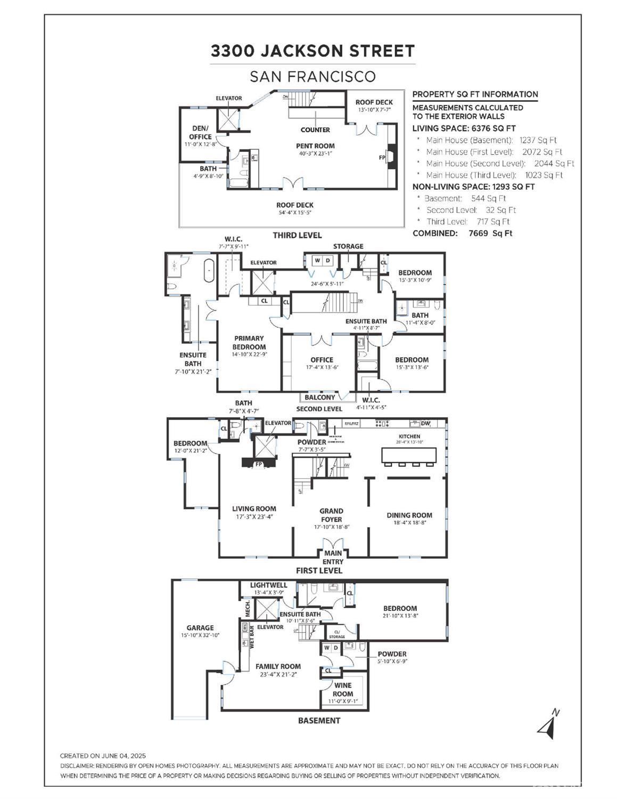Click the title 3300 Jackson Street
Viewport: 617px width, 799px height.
coord(312,51)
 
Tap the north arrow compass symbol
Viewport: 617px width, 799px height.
coord(549,724)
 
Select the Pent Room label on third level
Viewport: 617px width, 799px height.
coord(315,146)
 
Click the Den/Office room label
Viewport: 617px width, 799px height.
coord(200,132)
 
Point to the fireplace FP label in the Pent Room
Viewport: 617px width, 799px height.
coord(382,158)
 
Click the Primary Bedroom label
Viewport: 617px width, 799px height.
coord(249,342)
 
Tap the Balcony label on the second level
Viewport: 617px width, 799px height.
coord(320,397)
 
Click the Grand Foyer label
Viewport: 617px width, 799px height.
coord(331,515)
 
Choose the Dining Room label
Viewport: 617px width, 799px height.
coord(409,515)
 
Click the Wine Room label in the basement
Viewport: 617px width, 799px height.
coord(343,689)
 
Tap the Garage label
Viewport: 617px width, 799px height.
coord(200,628)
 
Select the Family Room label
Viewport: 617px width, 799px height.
coord(278,666)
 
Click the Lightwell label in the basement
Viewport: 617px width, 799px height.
coord(269,585)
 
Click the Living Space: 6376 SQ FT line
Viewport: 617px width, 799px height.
coord(464,128)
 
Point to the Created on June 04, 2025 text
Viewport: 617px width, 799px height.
coord(103,756)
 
